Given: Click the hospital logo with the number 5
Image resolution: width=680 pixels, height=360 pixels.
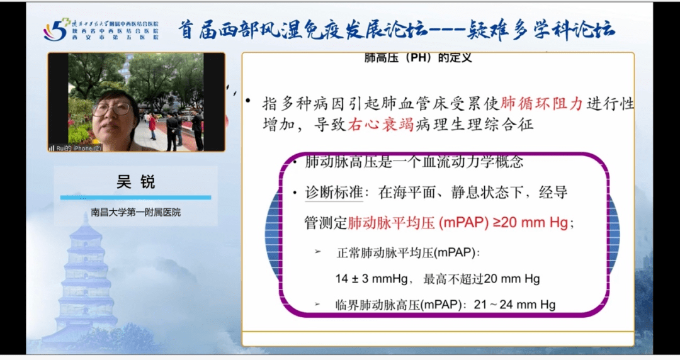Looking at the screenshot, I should pos(55,29).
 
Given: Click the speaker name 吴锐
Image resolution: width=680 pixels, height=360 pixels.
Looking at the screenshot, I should pos(135,183).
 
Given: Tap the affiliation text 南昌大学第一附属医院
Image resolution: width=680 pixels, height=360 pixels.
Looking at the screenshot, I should pos(135,213).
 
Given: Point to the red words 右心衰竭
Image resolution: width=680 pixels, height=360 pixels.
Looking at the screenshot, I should pos(380,125).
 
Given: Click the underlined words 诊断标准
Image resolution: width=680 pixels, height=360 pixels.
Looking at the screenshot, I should pos(334,192).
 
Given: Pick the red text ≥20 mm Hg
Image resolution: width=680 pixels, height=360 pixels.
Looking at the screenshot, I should pos(530,222).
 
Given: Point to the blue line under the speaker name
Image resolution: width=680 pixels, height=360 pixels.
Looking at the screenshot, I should pos(135,198).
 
